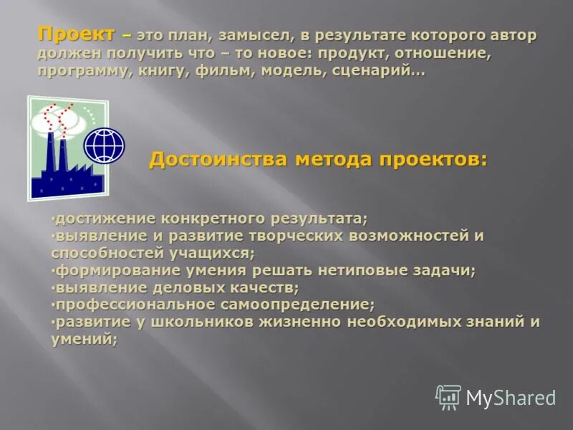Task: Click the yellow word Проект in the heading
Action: [x=76, y=34]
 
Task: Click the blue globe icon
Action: [x=104, y=145]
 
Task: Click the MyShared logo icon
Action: [x=448, y=397]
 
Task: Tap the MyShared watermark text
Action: [x=511, y=398]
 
